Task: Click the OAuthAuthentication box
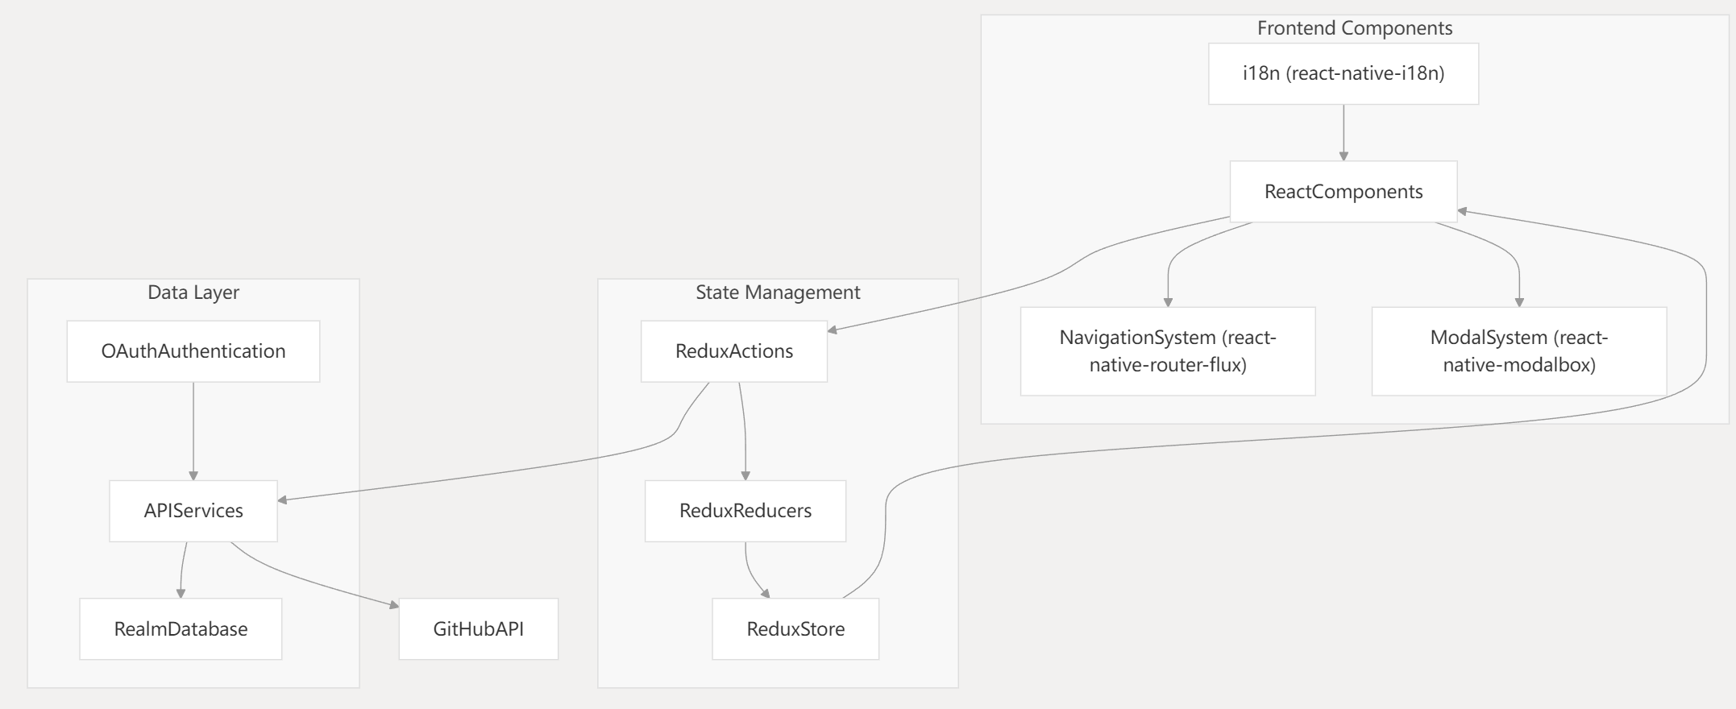pyautogui.click(x=193, y=351)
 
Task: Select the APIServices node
pyautogui.click(x=193, y=511)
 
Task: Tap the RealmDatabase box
pyautogui.click(x=181, y=629)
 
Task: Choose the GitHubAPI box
pyautogui.click(x=478, y=629)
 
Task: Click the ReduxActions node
pyautogui.click(x=733, y=351)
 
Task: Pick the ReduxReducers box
pyautogui.click(x=745, y=511)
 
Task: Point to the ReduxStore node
pyautogui.click(x=795, y=629)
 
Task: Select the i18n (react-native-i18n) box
pyautogui.click(x=1343, y=74)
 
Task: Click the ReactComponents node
pyautogui.click(x=1343, y=192)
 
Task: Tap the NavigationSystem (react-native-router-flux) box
pyautogui.click(x=1167, y=351)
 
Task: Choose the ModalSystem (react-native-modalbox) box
pyautogui.click(x=1518, y=351)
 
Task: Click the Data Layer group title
pyautogui.click(x=193, y=292)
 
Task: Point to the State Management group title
pyautogui.click(x=778, y=292)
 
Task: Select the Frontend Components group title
pyautogui.click(x=1354, y=28)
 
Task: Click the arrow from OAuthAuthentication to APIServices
pyautogui.click(x=193, y=431)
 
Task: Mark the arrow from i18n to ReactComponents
pyautogui.click(x=1343, y=133)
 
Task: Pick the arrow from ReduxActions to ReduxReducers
pyautogui.click(x=744, y=431)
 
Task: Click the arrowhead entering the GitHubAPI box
pyautogui.click(x=393, y=606)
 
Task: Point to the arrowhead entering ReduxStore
pyautogui.click(x=765, y=594)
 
